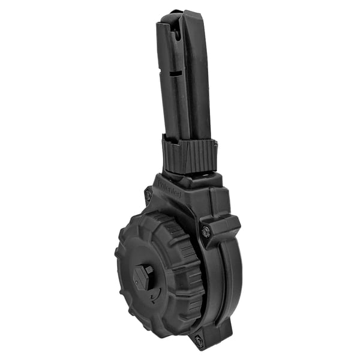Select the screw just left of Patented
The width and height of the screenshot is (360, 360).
coord(148,195)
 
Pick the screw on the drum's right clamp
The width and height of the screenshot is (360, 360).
coord(206,231)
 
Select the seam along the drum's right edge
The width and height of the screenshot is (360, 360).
coord(226,288)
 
